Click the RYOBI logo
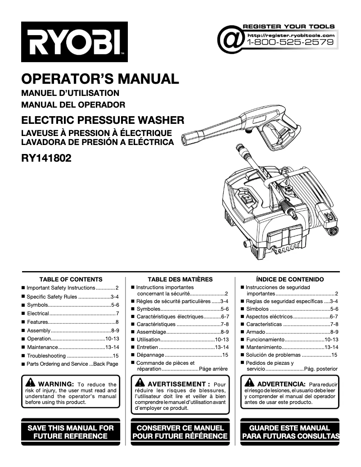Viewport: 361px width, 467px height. click(x=74, y=42)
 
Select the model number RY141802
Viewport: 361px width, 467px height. click(x=46, y=158)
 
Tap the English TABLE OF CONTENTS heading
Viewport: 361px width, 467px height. click(x=71, y=279)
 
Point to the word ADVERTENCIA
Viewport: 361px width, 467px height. click(x=280, y=384)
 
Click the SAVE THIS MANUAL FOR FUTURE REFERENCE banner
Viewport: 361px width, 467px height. click(x=71, y=431)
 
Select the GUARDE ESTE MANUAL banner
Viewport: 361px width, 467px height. click(x=290, y=431)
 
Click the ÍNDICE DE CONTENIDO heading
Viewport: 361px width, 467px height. click(x=289, y=279)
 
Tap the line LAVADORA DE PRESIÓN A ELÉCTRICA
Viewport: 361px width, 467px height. click(x=97, y=142)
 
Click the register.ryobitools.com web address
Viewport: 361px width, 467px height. click(x=291, y=35)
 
